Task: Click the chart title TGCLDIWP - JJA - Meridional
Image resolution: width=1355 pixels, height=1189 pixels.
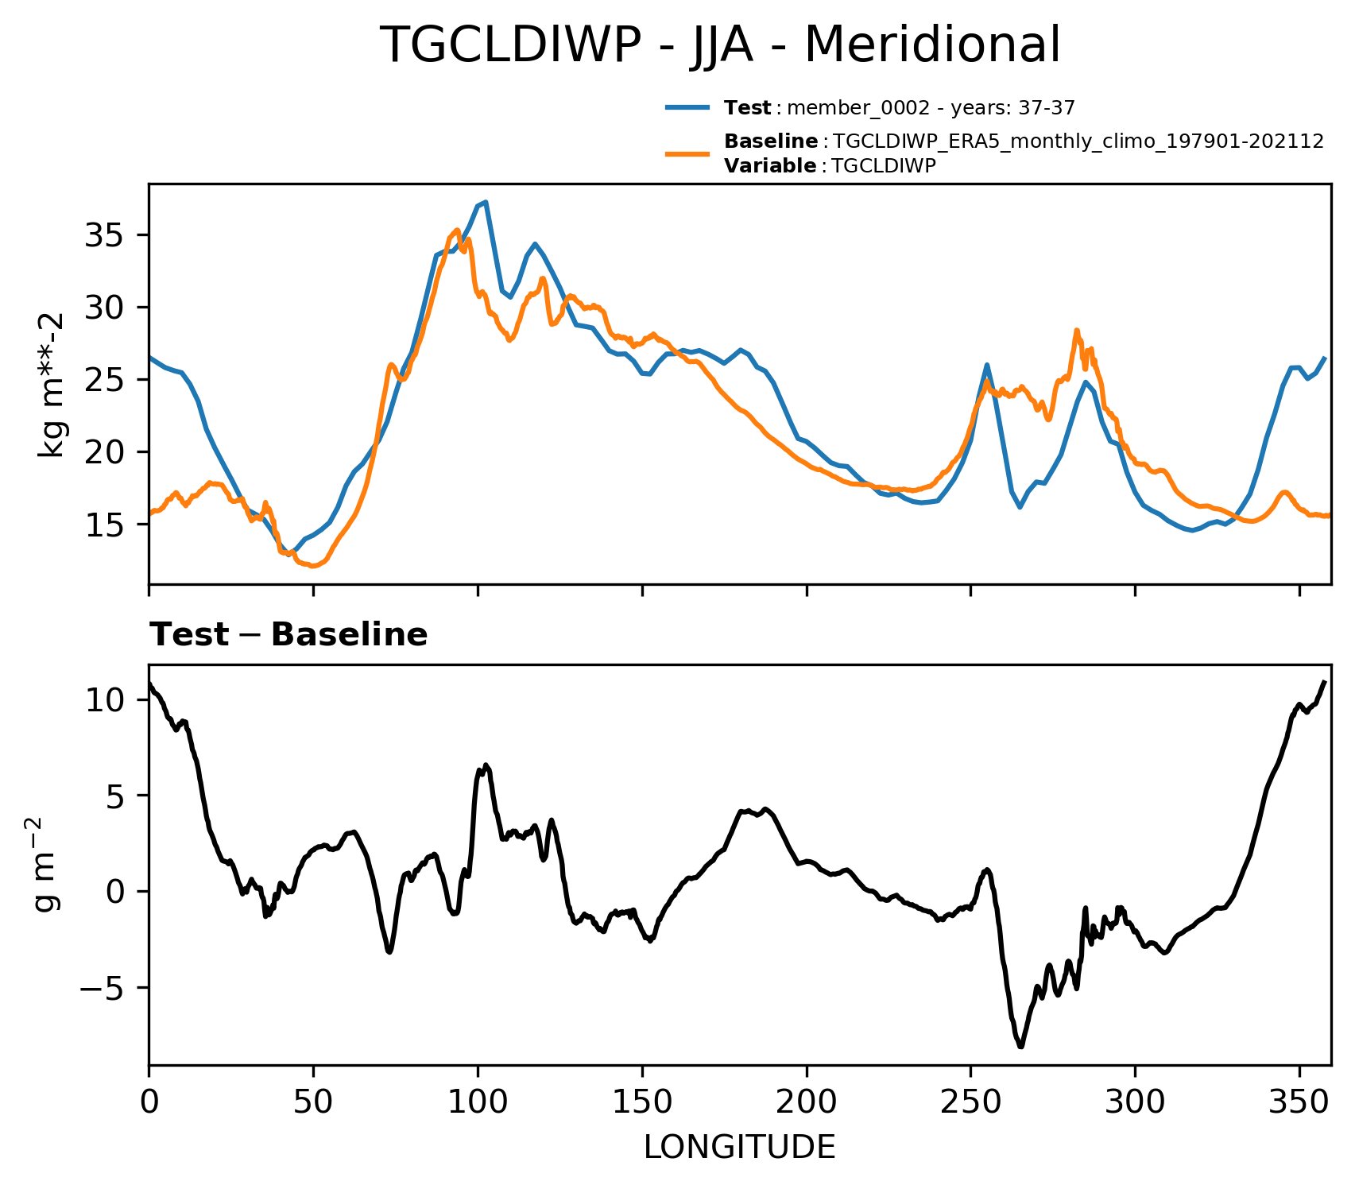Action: [x=720, y=45]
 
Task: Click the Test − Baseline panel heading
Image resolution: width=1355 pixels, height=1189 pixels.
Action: [x=288, y=635]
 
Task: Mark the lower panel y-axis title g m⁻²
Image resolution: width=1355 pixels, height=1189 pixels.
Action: [x=48, y=864]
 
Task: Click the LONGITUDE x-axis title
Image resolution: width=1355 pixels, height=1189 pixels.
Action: [x=739, y=1147]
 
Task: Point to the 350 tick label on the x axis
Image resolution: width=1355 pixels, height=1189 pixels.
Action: [x=1299, y=1104]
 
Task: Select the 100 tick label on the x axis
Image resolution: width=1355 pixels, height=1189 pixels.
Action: [x=477, y=1104]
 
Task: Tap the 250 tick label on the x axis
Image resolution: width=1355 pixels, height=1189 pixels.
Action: [x=970, y=1104]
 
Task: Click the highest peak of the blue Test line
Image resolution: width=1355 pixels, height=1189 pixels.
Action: [x=486, y=202]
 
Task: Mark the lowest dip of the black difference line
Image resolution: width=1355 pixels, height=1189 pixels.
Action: [x=1020, y=1047]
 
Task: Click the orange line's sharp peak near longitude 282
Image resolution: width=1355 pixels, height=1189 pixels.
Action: [x=1077, y=330]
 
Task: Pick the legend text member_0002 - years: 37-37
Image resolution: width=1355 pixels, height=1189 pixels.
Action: [x=931, y=108]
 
